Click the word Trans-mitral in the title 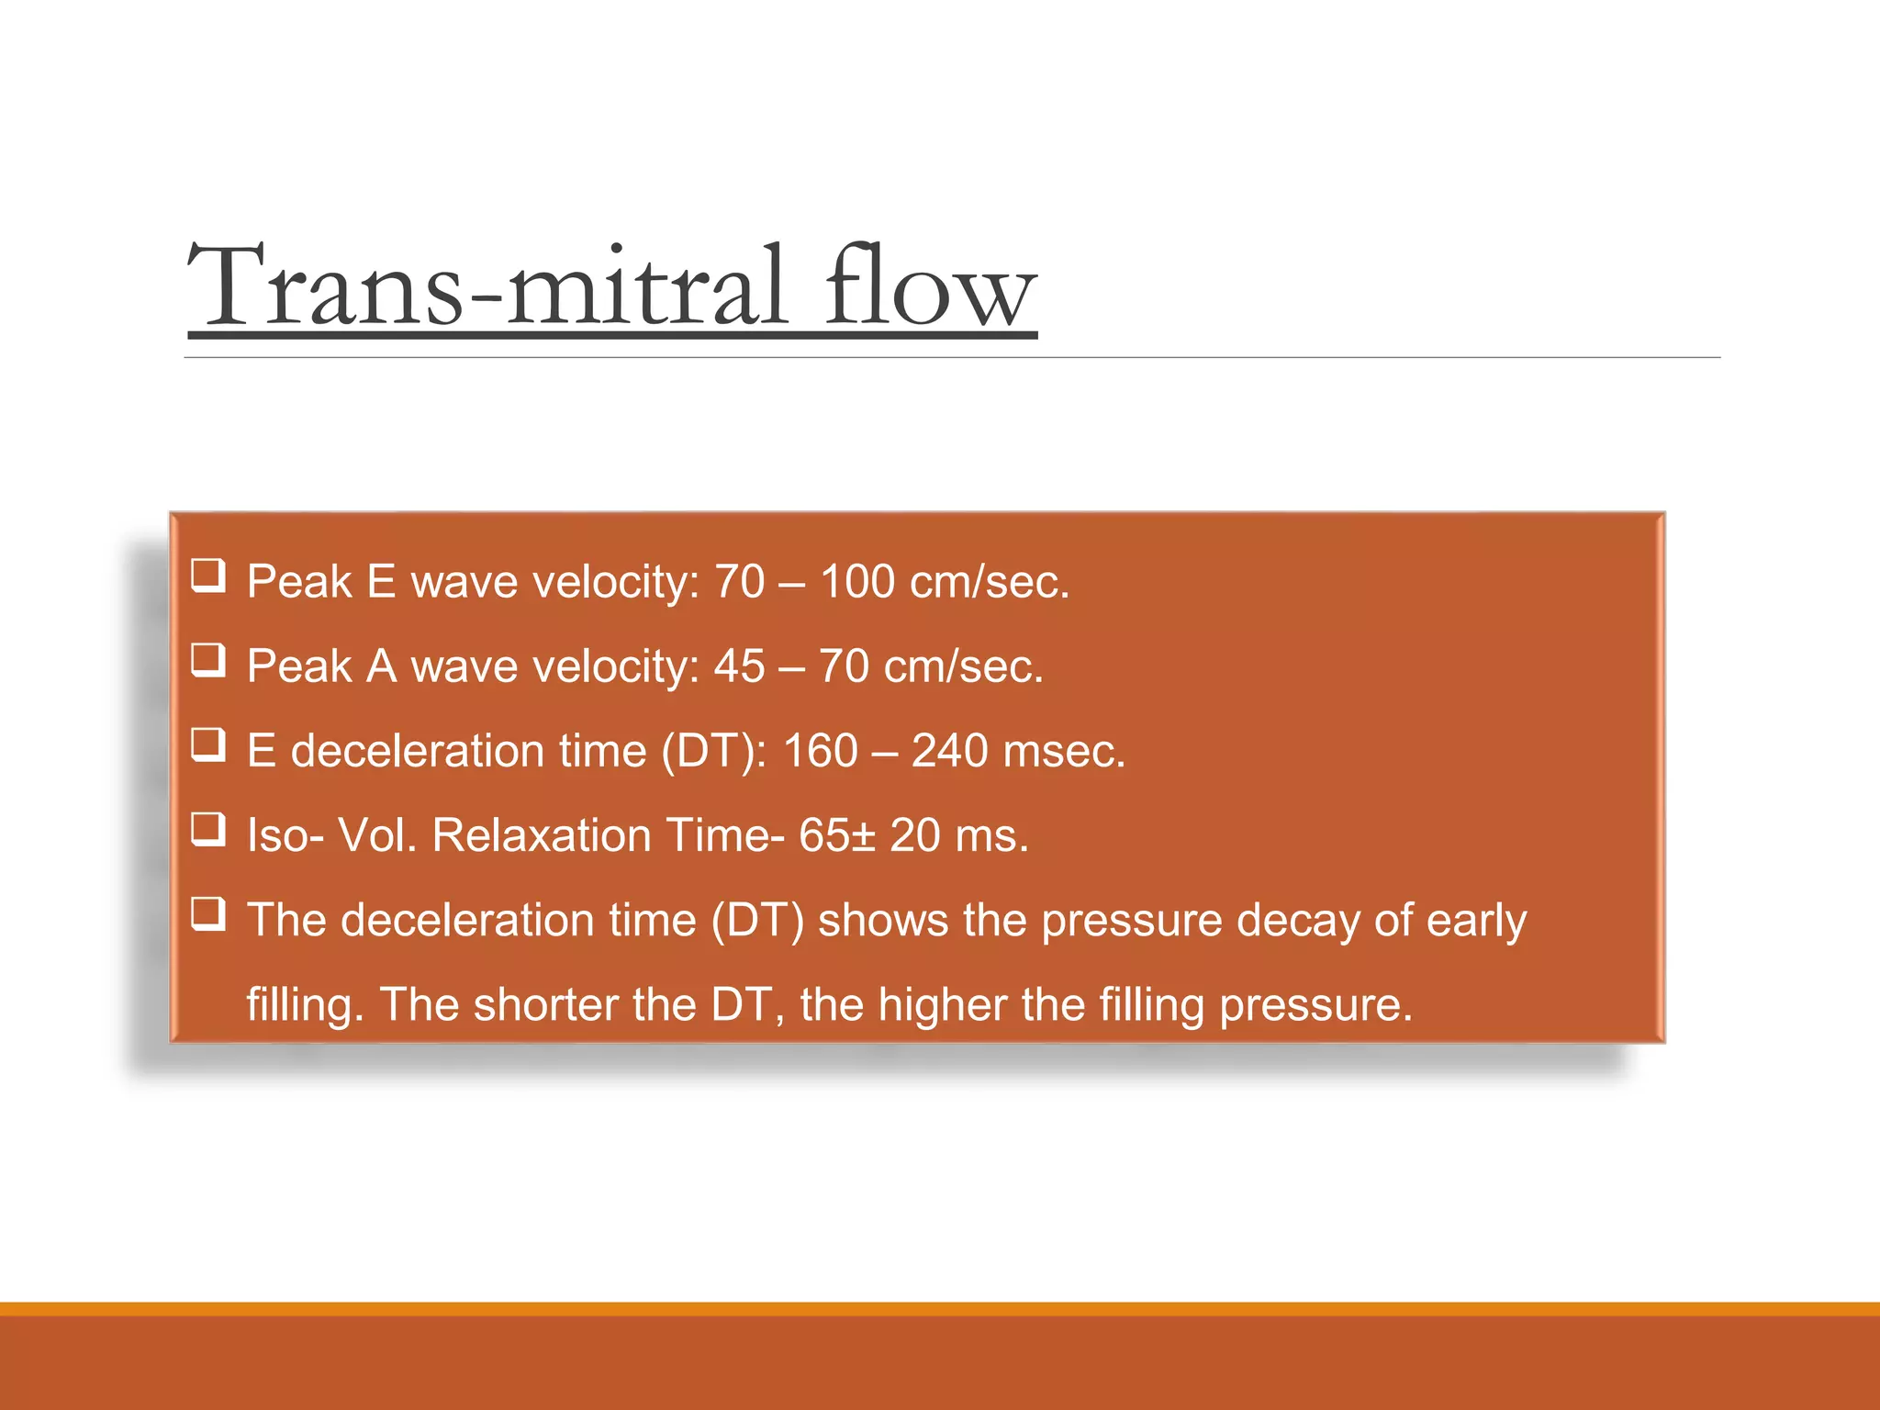[x=487, y=286]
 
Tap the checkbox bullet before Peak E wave [x=207, y=576]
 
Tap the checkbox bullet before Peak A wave [x=207, y=660]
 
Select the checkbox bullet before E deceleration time [x=207, y=744]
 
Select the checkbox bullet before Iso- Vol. [x=207, y=829]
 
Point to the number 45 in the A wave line [x=739, y=666]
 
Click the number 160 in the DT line [x=820, y=751]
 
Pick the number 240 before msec [x=949, y=751]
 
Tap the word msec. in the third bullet [x=1064, y=751]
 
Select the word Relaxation [x=541, y=835]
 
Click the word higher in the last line [x=942, y=1004]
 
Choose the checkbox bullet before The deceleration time [x=207, y=913]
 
